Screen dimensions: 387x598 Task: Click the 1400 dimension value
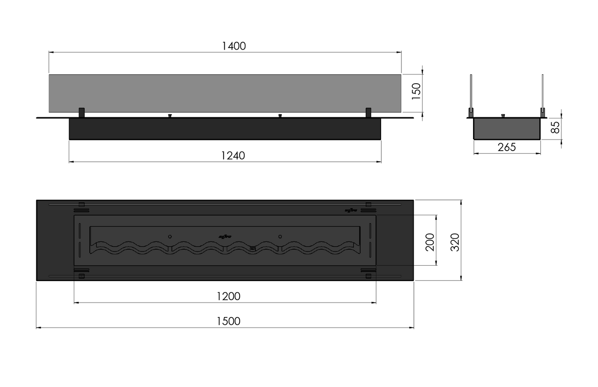click(234, 46)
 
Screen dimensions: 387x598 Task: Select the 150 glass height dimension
click(416, 89)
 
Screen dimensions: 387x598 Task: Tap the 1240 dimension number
click(233, 156)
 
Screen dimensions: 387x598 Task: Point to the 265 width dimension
click(507, 147)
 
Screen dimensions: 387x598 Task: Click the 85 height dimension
click(556, 127)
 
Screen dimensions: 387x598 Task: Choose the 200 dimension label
click(430, 242)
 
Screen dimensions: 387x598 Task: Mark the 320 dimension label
click(454, 242)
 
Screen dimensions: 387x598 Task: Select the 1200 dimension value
click(228, 296)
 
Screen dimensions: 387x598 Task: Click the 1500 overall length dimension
click(228, 321)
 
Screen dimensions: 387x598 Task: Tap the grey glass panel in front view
click(225, 93)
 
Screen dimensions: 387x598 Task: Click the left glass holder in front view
click(82, 112)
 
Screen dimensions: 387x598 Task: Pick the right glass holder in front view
click(368, 112)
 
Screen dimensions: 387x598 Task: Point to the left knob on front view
click(169, 116)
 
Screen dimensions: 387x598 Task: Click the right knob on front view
click(280, 116)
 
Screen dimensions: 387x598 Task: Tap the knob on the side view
click(503, 116)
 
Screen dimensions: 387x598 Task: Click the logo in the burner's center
click(225, 237)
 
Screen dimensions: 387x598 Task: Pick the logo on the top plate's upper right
click(351, 210)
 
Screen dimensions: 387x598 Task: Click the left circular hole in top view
click(170, 237)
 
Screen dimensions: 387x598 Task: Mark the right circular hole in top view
click(280, 237)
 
